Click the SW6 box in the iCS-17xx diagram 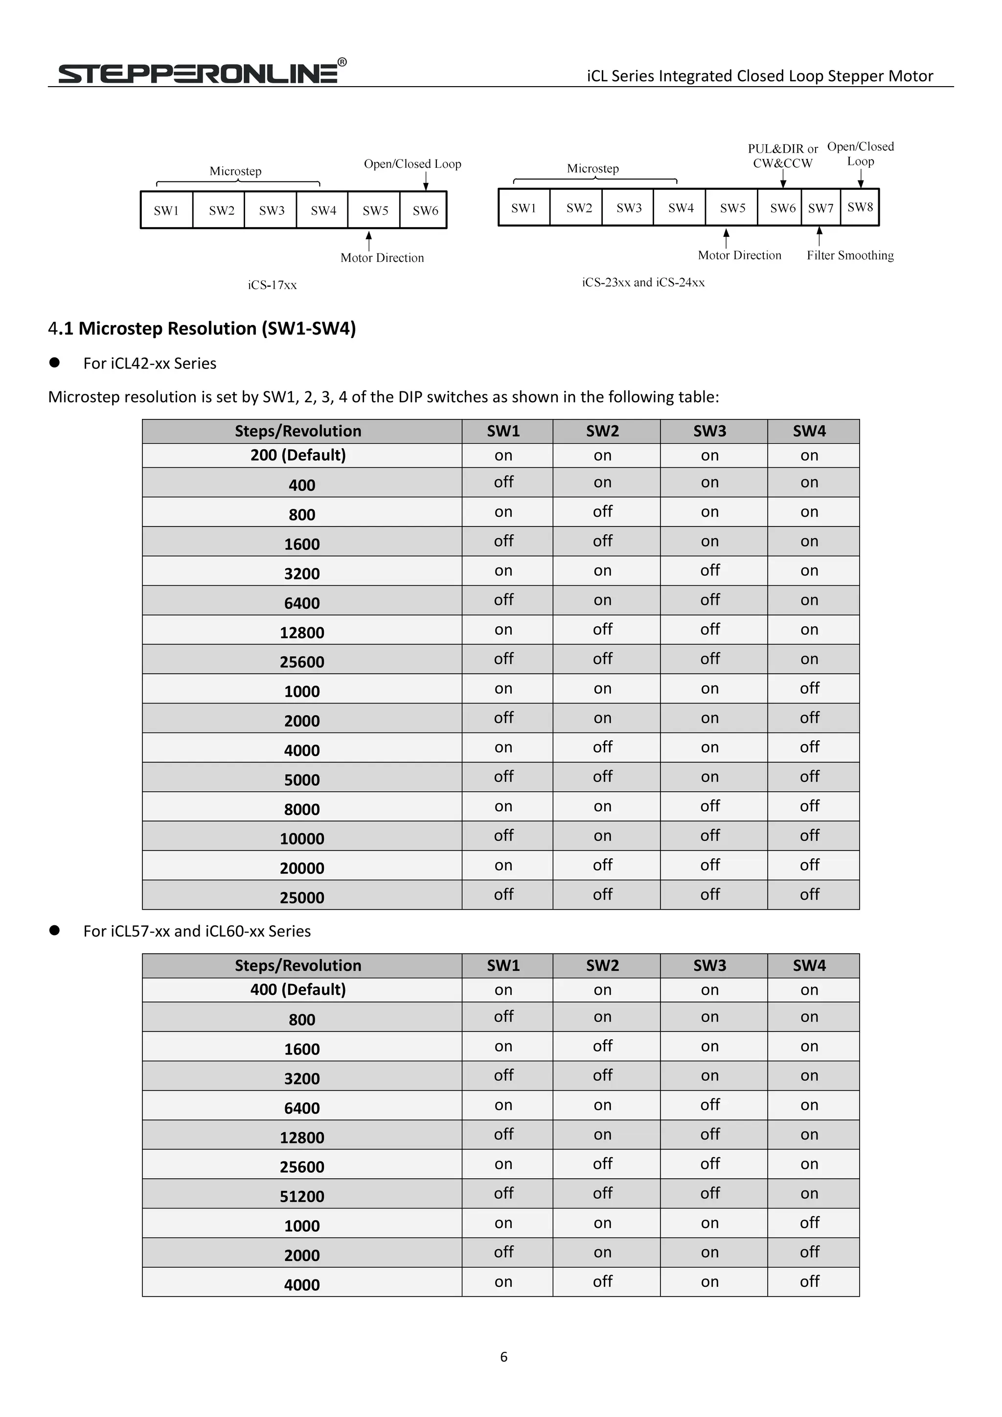click(x=425, y=210)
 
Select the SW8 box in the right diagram click(x=860, y=207)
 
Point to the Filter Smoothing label click(x=850, y=255)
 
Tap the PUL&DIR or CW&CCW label click(x=782, y=156)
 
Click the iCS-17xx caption click(x=272, y=285)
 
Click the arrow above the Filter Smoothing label click(x=820, y=236)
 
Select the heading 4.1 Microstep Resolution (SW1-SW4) click(x=202, y=328)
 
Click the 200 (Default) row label click(x=298, y=456)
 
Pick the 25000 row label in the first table click(x=302, y=897)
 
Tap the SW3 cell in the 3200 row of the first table click(x=709, y=571)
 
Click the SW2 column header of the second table click(x=602, y=965)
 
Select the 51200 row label click(x=302, y=1196)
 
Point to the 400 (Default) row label click(x=298, y=990)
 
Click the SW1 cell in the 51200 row click(x=503, y=1193)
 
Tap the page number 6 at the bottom click(x=503, y=1356)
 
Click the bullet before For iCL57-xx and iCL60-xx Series click(x=54, y=931)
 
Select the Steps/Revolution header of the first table click(x=298, y=431)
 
